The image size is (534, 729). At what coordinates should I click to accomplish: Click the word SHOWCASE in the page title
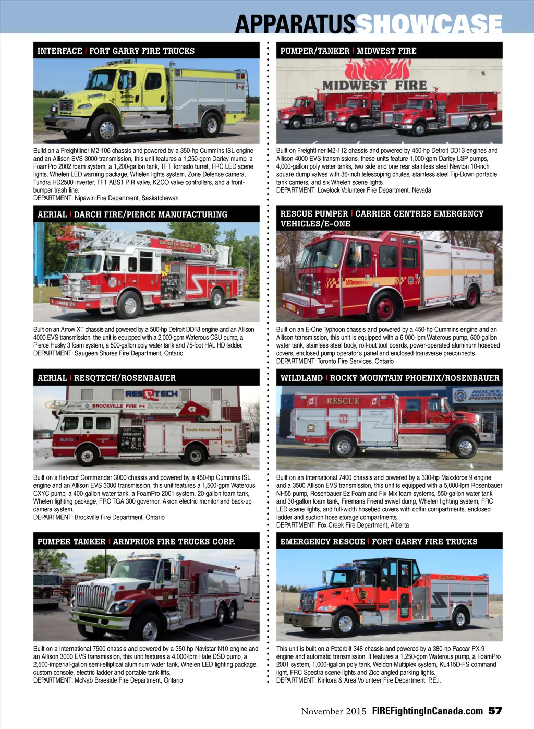click(x=429, y=23)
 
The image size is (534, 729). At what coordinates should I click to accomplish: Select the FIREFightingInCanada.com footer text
click(x=427, y=711)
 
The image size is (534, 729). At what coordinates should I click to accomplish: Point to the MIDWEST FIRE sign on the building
click(x=374, y=85)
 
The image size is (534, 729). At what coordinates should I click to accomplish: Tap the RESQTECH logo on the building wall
click(x=152, y=394)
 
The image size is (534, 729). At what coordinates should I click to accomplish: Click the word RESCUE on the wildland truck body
click(x=343, y=401)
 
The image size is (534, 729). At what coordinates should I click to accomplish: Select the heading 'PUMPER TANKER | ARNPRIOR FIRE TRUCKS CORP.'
click(x=136, y=541)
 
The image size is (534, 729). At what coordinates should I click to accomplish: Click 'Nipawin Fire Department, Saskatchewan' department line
click(x=106, y=198)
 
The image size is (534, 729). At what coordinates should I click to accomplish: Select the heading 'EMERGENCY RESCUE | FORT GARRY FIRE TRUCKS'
click(x=379, y=541)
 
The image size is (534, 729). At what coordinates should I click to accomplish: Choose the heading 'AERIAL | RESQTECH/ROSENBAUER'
click(x=106, y=378)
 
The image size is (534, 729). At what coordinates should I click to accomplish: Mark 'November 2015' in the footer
click(x=334, y=711)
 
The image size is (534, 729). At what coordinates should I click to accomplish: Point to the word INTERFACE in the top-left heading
click(x=59, y=51)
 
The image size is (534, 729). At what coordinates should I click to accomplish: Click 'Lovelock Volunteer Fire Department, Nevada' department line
click(x=354, y=190)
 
